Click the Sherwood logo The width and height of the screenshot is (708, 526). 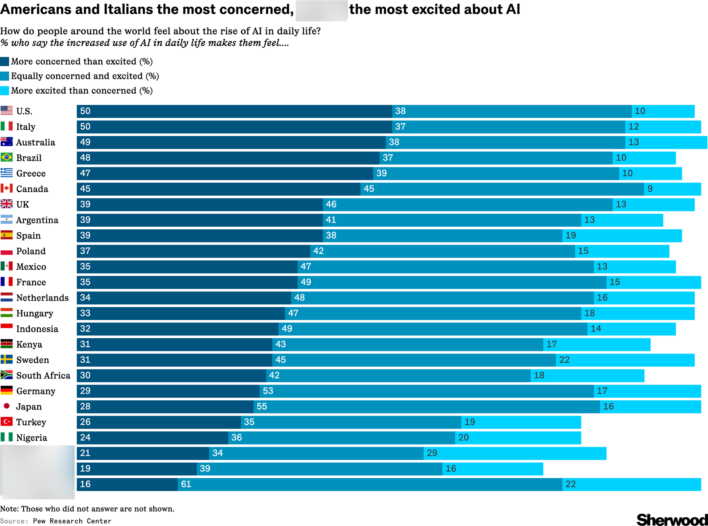(x=671, y=519)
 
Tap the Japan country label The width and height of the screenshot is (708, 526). (x=29, y=407)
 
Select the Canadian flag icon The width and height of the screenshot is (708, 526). (x=7, y=189)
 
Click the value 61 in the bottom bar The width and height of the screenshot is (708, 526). (x=186, y=484)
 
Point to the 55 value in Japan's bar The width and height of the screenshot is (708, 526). (x=262, y=406)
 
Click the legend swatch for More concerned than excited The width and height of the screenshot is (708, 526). (x=4, y=61)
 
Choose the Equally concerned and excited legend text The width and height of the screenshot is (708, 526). (x=85, y=76)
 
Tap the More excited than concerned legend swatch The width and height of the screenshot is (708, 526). (x=4, y=91)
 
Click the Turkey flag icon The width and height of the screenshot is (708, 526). (x=7, y=421)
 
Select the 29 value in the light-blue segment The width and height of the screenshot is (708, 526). (x=432, y=453)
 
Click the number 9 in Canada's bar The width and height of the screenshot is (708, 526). (x=650, y=189)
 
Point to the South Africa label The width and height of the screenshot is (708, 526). (x=43, y=375)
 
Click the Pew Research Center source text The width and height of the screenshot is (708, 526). (x=72, y=521)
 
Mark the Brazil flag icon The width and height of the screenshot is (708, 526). (x=7, y=157)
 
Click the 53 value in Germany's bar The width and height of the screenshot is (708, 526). (x=268, y=391)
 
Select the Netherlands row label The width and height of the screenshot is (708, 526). (x=42, y=297)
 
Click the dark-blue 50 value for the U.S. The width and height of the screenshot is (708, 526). (x=85, y=111)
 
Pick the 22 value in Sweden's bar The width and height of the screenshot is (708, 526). (x=564, y=360)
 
